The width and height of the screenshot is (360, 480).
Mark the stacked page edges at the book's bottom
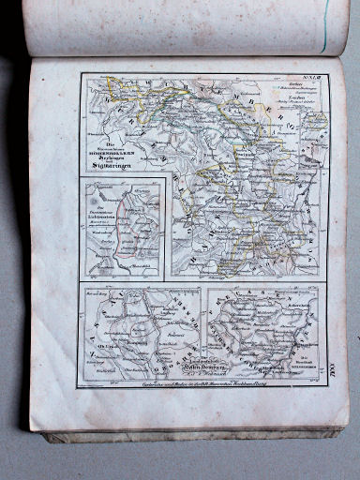click(187, 432)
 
